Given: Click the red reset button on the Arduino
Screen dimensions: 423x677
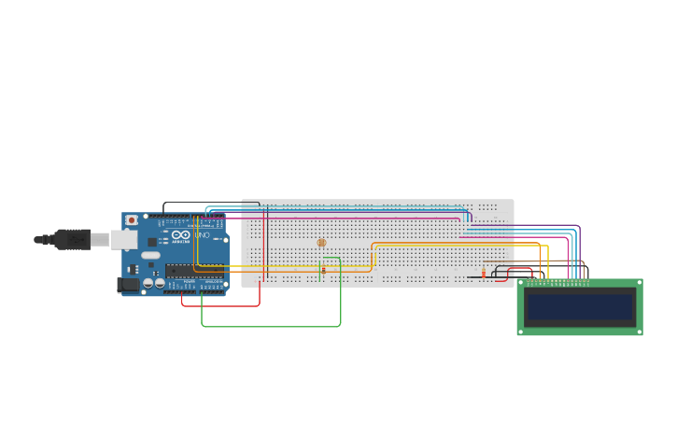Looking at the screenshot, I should (x=131, y=220).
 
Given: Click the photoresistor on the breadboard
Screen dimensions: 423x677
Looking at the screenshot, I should (x=322, y=243).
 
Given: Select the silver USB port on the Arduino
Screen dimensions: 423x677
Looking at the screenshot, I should (x=123, y=240).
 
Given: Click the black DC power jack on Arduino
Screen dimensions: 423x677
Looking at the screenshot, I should (x=128, y=285).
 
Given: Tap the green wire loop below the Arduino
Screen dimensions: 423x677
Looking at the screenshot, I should (x=271, y=326).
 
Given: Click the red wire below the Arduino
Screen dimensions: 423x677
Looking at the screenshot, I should (x=220, y=305).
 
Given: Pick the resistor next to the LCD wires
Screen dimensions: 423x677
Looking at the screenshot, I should (x=483, y=274).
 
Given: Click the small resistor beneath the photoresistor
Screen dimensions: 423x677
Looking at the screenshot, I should (x=323, y=271).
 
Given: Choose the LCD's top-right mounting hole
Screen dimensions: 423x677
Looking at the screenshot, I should (x=639, y=282).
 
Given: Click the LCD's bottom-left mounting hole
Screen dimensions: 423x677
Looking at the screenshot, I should (x=521, y=331).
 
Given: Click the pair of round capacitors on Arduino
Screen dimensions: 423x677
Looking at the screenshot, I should (x=154, y=283).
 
